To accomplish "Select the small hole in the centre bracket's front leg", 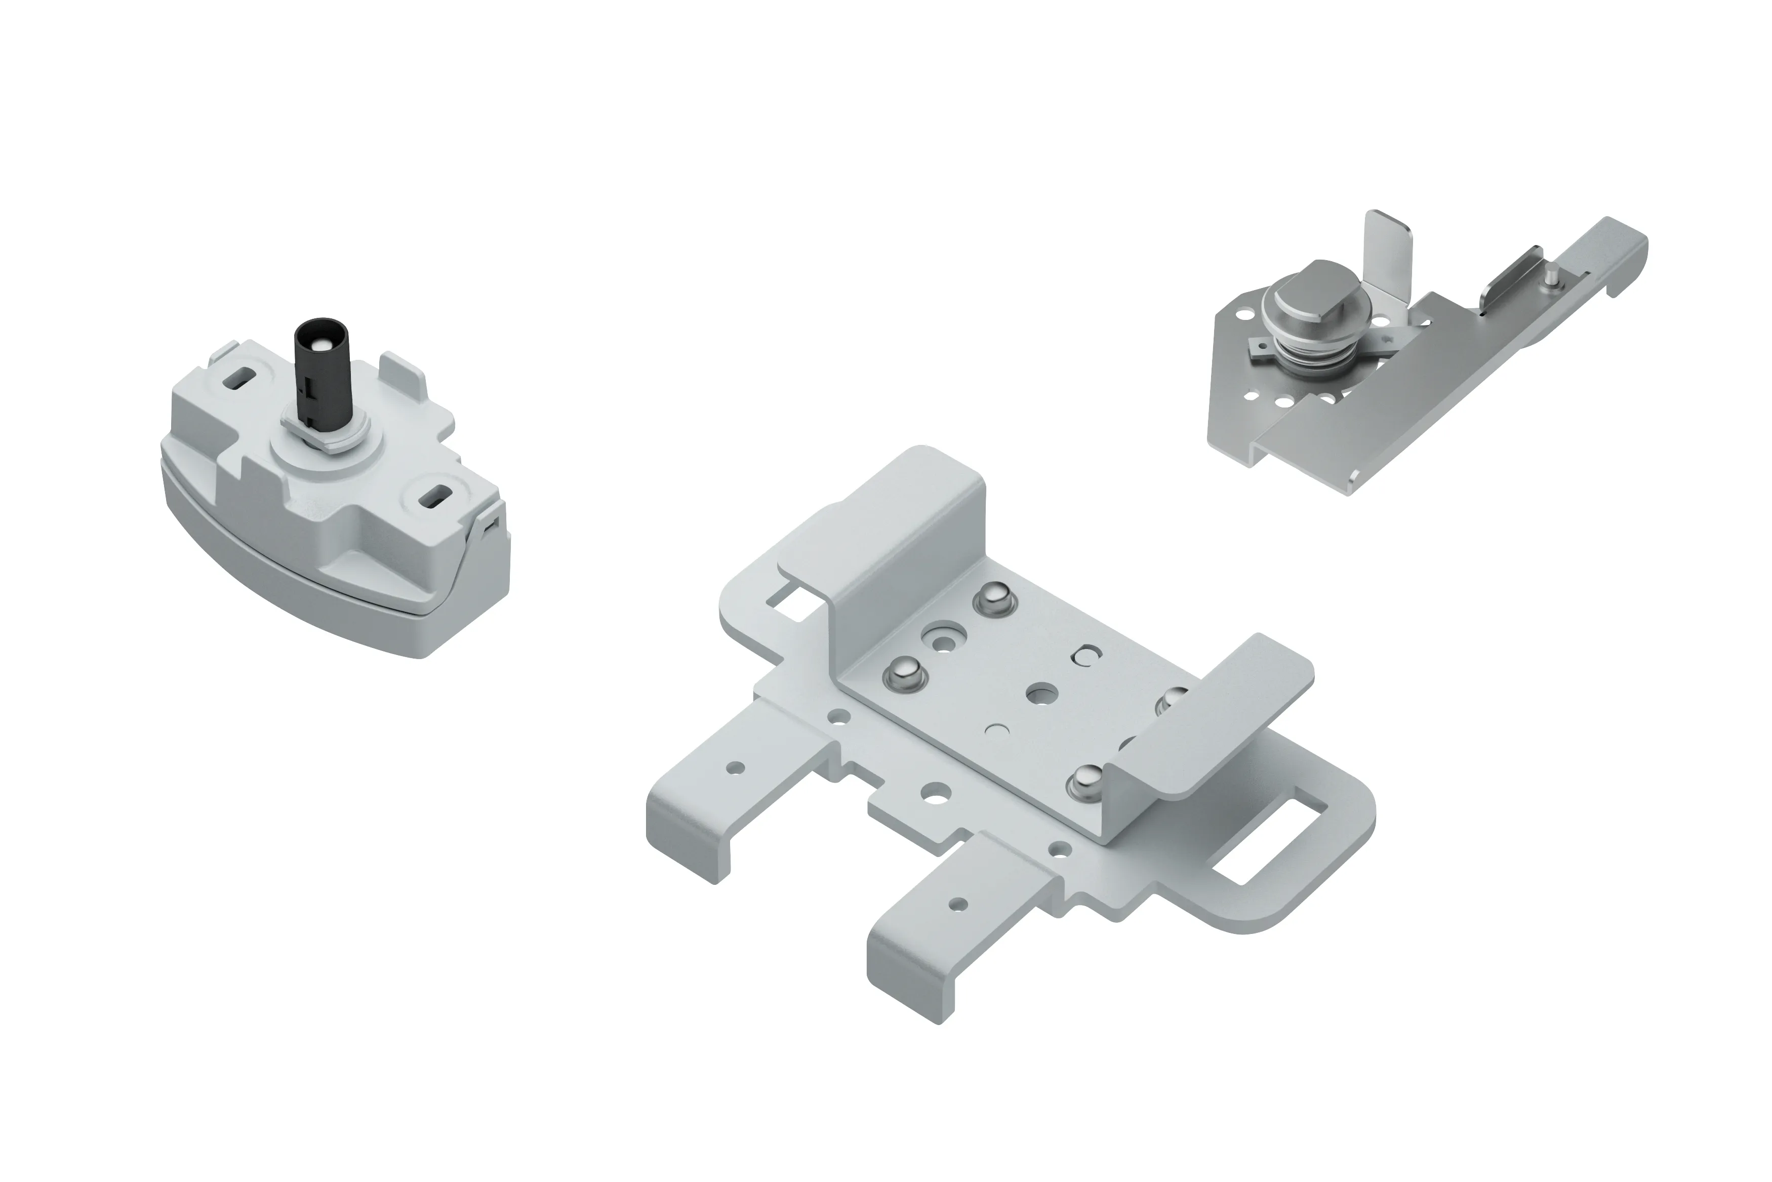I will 959,903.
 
